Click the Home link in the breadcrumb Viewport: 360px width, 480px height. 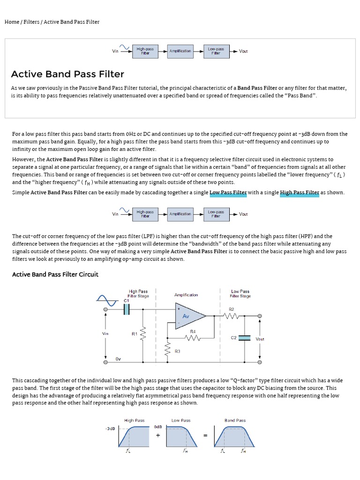(x=12, y=22)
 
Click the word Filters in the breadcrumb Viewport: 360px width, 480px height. (x=32, y=22)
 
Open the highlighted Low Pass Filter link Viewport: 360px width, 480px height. (x=228, y=193)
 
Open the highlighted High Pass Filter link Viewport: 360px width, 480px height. (x=299, y=193)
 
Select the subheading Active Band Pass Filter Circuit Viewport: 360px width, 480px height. (x=55, y=274)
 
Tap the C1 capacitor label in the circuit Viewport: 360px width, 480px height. (x=126, y=300)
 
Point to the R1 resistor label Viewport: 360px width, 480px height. (x=134, y=334)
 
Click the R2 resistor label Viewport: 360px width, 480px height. (x=231, y=309)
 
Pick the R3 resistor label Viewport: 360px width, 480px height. (x=178, y=351)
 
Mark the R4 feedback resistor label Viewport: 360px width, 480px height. (x=193, y=331)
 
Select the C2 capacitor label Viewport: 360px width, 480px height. (x=233, y=337)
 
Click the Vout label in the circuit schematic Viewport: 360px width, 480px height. (x=260, y=339)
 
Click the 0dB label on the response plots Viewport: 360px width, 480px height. (x=157, y=427)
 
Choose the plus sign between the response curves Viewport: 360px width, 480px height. (x=157, y=435)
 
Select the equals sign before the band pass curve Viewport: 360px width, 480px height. (x=205, y=435)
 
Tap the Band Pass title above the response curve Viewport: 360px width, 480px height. (x=235, y=420)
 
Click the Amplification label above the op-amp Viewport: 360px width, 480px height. (x=186, y=295)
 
